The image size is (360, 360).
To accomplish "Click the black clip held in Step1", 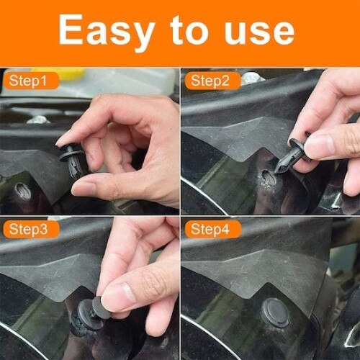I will [x=72, y=156].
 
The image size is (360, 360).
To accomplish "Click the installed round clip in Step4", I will [x=276, y=311].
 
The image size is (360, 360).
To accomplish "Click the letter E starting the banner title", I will [x=70, y=30].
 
